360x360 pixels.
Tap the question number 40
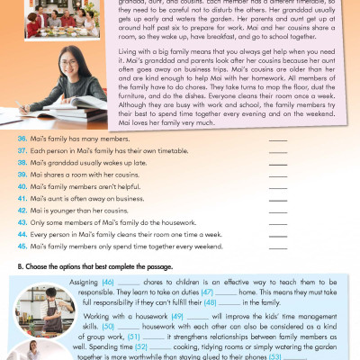click(22, 184)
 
